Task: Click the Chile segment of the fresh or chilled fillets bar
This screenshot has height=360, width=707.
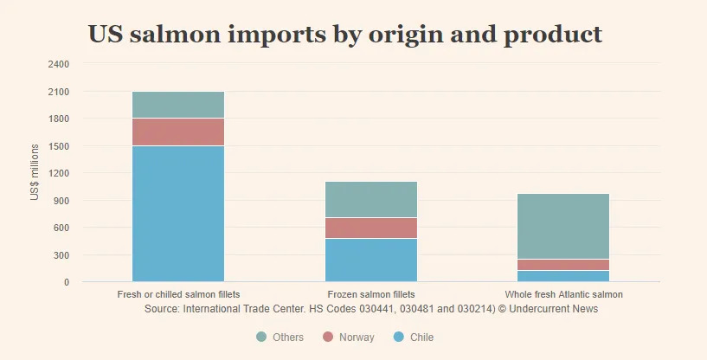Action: coord(178,213)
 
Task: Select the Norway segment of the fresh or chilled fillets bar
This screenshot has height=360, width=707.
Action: coord(178,132)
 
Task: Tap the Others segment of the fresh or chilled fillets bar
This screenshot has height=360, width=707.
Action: coord(178,105)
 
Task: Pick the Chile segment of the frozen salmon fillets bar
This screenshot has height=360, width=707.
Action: coord(371,260)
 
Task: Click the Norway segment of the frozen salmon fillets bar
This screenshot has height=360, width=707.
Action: coord(371,228)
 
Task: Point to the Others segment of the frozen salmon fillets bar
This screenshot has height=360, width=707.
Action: coord(371,199)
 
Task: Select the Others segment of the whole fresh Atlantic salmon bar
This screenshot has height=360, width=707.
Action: coord(563,226)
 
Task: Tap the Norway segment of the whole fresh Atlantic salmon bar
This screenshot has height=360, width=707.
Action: coord(563,265)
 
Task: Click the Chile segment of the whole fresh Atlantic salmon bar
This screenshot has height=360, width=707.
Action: coord(563,276)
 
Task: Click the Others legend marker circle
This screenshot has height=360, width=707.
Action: coord(261,337)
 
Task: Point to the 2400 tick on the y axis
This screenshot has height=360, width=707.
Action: coord(59,64)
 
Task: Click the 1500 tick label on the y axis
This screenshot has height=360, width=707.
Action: coord(59,146)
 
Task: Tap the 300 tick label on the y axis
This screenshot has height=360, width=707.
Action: coord(62,255)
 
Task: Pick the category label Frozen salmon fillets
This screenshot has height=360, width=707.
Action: coord(371,295)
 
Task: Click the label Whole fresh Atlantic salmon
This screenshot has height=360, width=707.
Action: coord(563,295)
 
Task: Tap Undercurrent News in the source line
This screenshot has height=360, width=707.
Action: coord(553,308)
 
